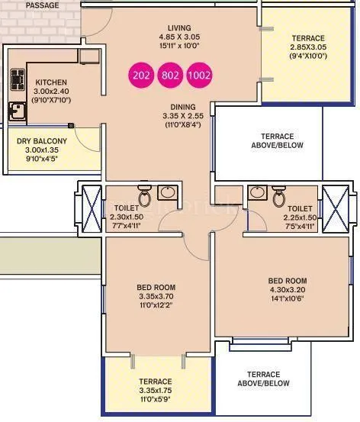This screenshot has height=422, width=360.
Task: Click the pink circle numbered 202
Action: click(141, 76)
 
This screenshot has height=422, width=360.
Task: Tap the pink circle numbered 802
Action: click(170, 76)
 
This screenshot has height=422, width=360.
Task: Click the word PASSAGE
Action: click(42, 5)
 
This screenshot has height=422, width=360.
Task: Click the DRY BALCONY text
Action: click(42, 141)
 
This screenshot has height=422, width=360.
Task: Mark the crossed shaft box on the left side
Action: click(88, 207)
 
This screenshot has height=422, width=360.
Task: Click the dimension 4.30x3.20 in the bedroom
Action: click(287, 290)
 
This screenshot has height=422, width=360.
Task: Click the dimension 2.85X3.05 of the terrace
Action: click(307, 47)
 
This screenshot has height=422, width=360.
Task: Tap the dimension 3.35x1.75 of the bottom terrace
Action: click(155, 390)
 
